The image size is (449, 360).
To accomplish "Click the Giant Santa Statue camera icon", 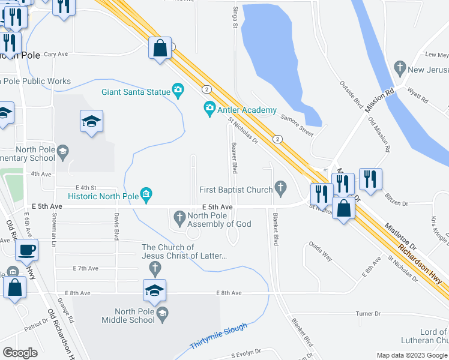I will [178, 91].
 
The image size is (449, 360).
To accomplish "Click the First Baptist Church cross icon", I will [280, 189].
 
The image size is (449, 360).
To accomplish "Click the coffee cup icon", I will [26, 250].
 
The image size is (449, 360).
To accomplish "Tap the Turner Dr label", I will [368, 314].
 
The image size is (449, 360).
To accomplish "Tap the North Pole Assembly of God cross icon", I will [179, 216].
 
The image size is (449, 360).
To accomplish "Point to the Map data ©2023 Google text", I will [411, 355].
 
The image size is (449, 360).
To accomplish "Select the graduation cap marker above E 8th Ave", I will [154, 290].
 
